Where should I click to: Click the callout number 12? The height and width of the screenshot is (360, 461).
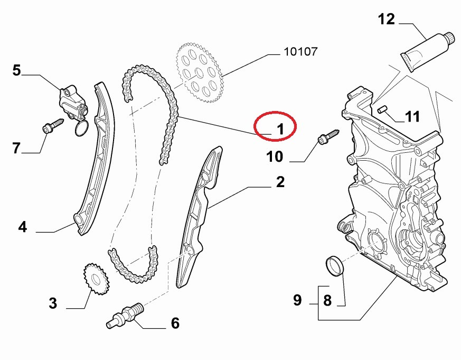coord(386,20)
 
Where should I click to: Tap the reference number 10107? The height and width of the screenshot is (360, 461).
coord(301,51)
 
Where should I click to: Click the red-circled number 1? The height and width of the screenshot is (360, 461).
coord(280,129)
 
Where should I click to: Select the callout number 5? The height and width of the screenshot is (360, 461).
coord(17,71)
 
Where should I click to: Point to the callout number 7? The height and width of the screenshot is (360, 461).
coord(16,148)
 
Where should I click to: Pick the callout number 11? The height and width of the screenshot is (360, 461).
coord(412,117)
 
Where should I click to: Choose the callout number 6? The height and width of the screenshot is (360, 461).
coord(175,323)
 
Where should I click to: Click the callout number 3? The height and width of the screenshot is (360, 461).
coord(53,303)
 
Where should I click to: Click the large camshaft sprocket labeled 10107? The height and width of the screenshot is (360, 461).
coord(200,73)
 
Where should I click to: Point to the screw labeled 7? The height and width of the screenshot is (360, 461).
coord(53,126)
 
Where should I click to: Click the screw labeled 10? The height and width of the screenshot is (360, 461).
coord(328,136)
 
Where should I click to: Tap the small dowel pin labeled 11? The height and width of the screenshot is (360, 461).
coord(382,109)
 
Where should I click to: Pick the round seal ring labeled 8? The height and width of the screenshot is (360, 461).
coord(334,266)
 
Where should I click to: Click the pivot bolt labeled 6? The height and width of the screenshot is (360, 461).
coord(125,316)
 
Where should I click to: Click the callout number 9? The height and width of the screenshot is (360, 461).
coord(297,300)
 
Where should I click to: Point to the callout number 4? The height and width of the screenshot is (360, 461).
coord(22,227)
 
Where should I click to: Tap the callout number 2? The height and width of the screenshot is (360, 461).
coord(280,182)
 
